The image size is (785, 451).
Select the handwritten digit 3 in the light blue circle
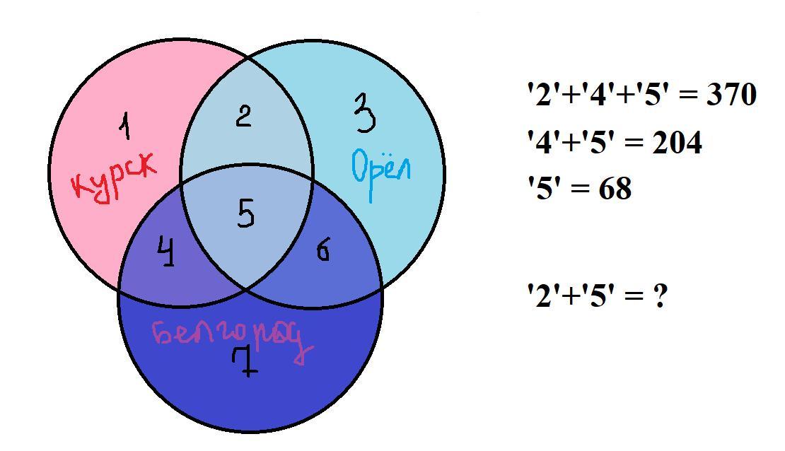364,115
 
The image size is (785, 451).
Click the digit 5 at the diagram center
245,213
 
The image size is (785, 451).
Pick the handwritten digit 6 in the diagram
322,250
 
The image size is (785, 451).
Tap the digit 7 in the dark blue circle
245,362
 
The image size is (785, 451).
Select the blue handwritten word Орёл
380,168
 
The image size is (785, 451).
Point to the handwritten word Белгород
231,338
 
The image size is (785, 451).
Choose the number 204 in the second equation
677,143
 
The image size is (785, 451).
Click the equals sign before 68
582,189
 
